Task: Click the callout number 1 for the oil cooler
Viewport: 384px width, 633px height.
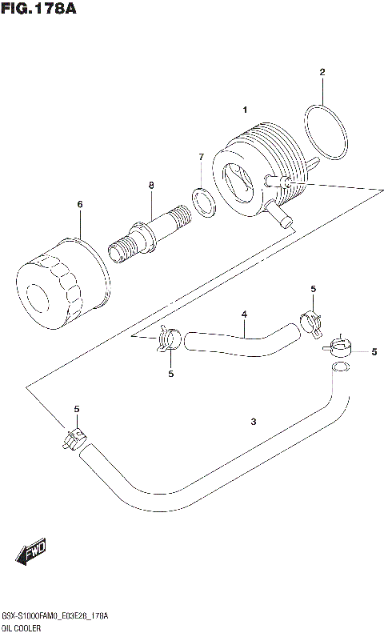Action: pos(246,110)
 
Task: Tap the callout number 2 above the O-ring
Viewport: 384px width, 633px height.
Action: pos(322,73)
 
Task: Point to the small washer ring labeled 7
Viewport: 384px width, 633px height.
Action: pos(204,202)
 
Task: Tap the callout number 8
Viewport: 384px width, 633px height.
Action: pos(150,186)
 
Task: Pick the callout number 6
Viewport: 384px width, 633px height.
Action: pos(80,205)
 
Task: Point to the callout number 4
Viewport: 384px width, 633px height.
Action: pos(244,314)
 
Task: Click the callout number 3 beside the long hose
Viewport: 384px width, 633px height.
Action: pos(253,422)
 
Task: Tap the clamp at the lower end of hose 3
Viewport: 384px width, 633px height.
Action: pos(75,439)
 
